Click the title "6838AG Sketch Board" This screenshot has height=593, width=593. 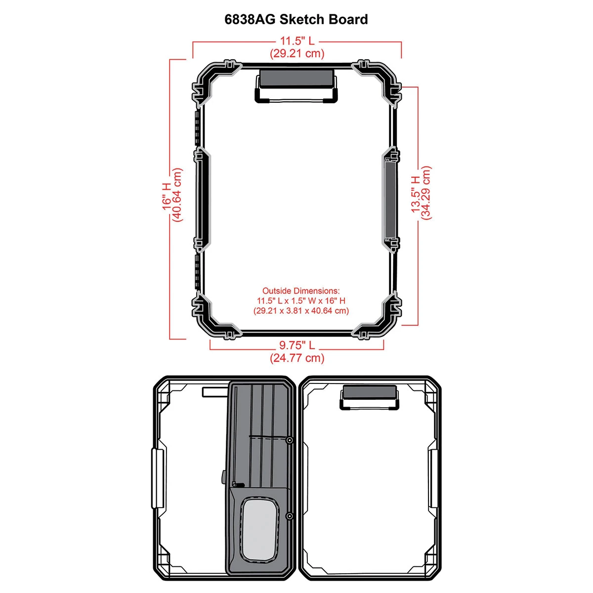tap(296, 19)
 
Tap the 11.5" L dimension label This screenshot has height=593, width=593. tap(297, 41)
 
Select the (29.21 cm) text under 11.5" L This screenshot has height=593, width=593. tap(297, 53)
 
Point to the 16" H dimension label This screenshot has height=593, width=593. tap(167, 196)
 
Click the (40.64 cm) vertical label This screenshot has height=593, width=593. tap(177, 195)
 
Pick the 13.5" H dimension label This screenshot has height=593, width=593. tap(416, 194)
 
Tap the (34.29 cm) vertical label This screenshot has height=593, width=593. tap(426, 193)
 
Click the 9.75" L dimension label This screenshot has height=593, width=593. tap(297, 345)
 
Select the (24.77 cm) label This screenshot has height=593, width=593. tap(297, 358)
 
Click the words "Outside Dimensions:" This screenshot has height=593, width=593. tap(301, 291)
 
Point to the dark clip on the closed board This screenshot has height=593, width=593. tap(296, 78)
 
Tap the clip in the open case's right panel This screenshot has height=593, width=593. tap(370, 392)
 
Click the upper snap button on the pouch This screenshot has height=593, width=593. tap(289, 440)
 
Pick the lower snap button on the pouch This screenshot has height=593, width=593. tap(289, 516)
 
